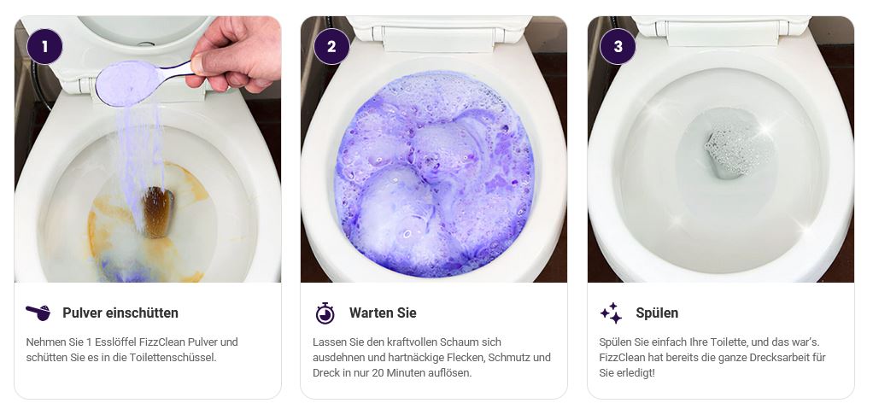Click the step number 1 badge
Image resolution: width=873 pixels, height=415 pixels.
point(44,46)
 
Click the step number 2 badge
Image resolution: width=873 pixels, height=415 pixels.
point(331,46)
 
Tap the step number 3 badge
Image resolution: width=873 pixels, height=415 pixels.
point(618,46)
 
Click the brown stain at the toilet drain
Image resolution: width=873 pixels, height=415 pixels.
point(157,212)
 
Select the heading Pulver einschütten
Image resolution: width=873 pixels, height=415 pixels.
point(120,313)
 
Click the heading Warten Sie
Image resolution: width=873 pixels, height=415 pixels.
point(383,313)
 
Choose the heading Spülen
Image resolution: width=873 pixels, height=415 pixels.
point(657,313)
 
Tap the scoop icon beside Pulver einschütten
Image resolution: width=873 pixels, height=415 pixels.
point(38,313)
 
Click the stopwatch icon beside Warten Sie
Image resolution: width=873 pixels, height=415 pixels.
point(325,313)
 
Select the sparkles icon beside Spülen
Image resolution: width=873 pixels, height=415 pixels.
point(611,313)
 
